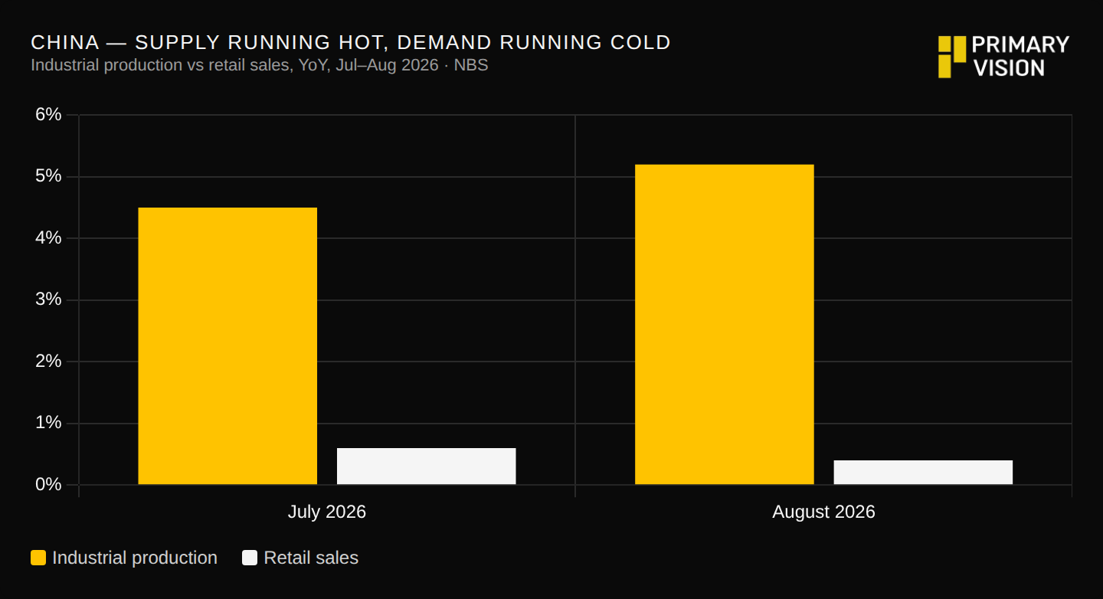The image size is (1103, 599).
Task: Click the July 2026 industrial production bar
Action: (x=227, y=345)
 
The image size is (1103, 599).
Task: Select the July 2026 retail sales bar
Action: (x=427, y=466)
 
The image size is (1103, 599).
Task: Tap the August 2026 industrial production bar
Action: (x=725, y=325)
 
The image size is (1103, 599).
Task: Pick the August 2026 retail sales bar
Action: (x=923, y=473)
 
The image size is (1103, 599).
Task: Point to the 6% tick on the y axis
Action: (x=48, y=115)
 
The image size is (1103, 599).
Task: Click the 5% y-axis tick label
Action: (x=48, y=176)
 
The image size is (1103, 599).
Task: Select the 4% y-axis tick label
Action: (x=48, y=238)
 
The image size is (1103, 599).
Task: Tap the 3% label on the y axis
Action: (x=48, y=299)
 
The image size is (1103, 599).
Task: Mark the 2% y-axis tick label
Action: (x=48, y=362)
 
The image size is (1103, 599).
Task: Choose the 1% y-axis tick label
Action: (x=48, y=423)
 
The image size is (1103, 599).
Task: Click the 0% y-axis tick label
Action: (x=48, y=485)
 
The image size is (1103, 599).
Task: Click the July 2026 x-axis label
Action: (x=327, y=512)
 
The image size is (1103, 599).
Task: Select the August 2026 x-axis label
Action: (x=824, y=512)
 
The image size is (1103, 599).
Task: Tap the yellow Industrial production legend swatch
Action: (x=38, y=558)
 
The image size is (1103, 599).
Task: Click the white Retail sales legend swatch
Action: (x=250, y=558)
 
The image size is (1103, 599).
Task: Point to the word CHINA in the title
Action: (x=65, y=43)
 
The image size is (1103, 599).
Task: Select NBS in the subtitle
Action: (x=471, y=65)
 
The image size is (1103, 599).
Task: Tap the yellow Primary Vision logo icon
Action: (x=952, y=57)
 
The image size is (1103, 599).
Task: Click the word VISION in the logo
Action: (x=1009, y=68)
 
